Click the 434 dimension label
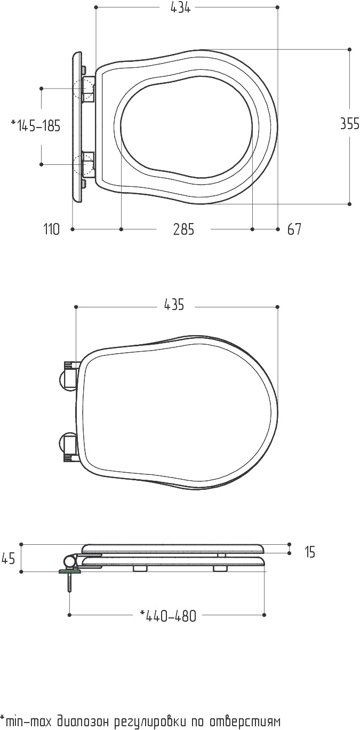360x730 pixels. [x=180, y=8]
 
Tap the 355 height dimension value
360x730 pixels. [x=349, y=123]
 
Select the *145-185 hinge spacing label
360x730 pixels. [x=36, y=126]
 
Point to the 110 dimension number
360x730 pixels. [x=52, y=229]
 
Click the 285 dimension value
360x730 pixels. [x=183, y=229]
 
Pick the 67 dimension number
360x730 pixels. [x=294, y=229]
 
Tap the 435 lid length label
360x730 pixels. [x=174, y=304]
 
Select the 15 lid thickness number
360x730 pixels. [x=310, y=552]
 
